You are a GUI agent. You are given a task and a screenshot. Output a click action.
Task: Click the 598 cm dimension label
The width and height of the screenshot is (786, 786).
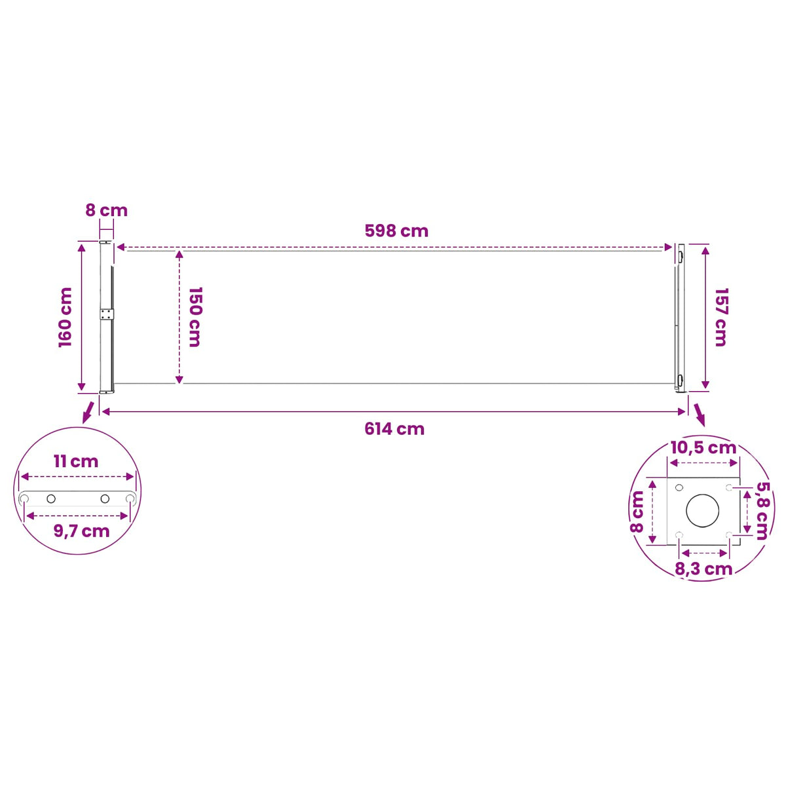pyautogui.click(x=396, y=231)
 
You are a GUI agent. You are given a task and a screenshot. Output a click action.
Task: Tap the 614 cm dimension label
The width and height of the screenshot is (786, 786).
pyautogui.click(x=394, y=428)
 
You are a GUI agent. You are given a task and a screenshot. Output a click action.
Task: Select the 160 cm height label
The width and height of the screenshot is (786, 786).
pyautogui.click(x=65, y=317)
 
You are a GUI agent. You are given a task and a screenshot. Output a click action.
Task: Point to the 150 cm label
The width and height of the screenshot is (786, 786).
pyautogui.click(x=195, y=317)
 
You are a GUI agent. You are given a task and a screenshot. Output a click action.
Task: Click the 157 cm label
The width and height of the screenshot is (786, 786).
pyautogui.click(x=721, y=317)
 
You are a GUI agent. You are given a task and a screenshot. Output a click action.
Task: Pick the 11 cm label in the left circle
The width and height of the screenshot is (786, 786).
pyautogui.click(x=76, y=461)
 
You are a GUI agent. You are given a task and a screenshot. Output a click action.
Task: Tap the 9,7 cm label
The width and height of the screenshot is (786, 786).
pyautogui.click(x=82, y=531)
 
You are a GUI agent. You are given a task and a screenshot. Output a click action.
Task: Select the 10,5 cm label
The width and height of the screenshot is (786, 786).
pyautogui.click(x=703, y=448)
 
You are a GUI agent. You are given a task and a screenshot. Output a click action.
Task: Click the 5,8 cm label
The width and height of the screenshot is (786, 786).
pyautogui.click(x=763, y=511)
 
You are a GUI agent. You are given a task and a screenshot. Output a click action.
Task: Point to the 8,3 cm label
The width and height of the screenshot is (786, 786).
pyautogui.click(x=704, y=569)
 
